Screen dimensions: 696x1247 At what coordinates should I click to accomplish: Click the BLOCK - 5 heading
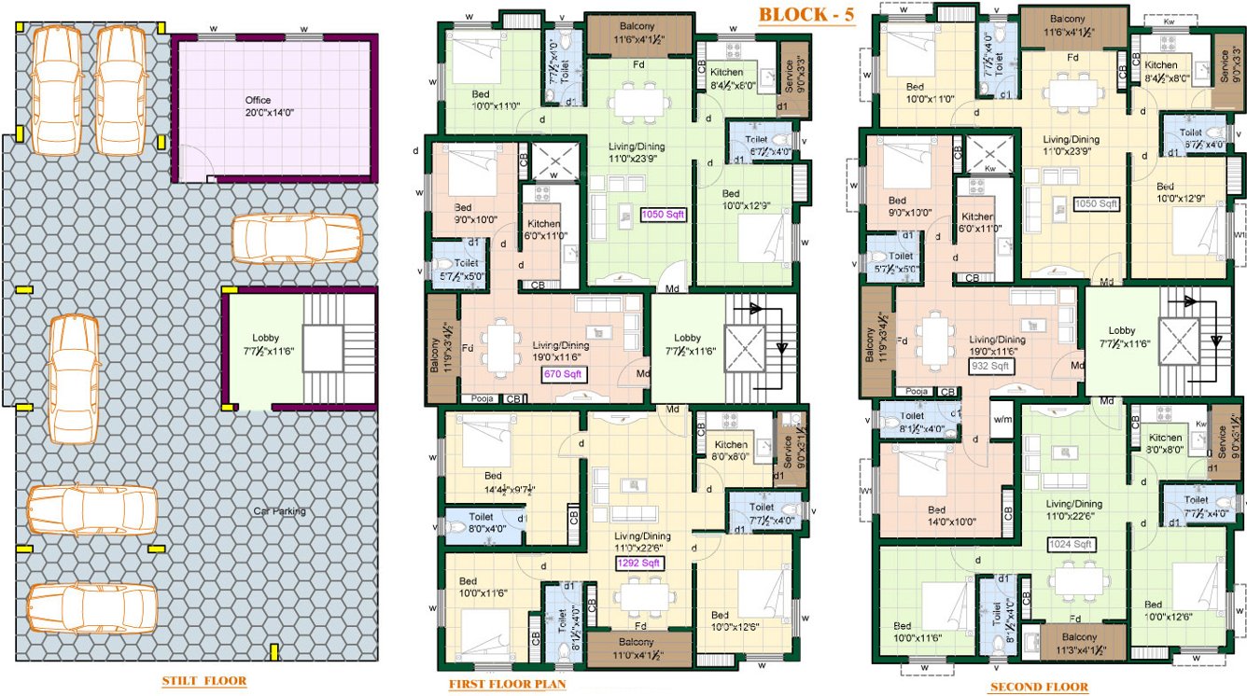pyautogui.click(x=806, y=15)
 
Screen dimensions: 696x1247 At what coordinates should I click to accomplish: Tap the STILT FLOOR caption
pyautogui.click(x=204, y=680)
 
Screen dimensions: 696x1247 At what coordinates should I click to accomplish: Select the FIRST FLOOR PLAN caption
pyautogui.click(x=507, y=685)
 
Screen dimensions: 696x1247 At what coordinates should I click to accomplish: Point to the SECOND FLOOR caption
pyautogui.click(x=1039, y=687)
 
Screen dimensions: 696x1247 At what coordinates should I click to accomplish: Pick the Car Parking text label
pyautogui.click(x=280, y=510)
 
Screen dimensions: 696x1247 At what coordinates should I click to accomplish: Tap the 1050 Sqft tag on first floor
pyautogui.click(x=663, y=215)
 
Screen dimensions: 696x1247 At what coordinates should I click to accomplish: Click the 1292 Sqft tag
pyautogui.click(x=638, y=563)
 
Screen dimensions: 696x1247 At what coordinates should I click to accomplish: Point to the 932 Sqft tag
pyautogui.click(x=991, y=366)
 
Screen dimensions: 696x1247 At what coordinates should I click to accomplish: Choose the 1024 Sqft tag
pyautogui.click(x=1069, y=544)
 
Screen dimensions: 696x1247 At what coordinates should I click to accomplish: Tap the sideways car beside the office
pyautogui.click(x=296, y=239)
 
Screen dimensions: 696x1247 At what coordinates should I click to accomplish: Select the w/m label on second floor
pyautogui.click(x=1002, y=419)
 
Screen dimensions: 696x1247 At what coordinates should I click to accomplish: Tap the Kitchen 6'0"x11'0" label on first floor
pyautogui.click(x=543, y=230)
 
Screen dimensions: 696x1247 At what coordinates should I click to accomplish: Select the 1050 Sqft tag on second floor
pyautogui.click(x=1096, y=203)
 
